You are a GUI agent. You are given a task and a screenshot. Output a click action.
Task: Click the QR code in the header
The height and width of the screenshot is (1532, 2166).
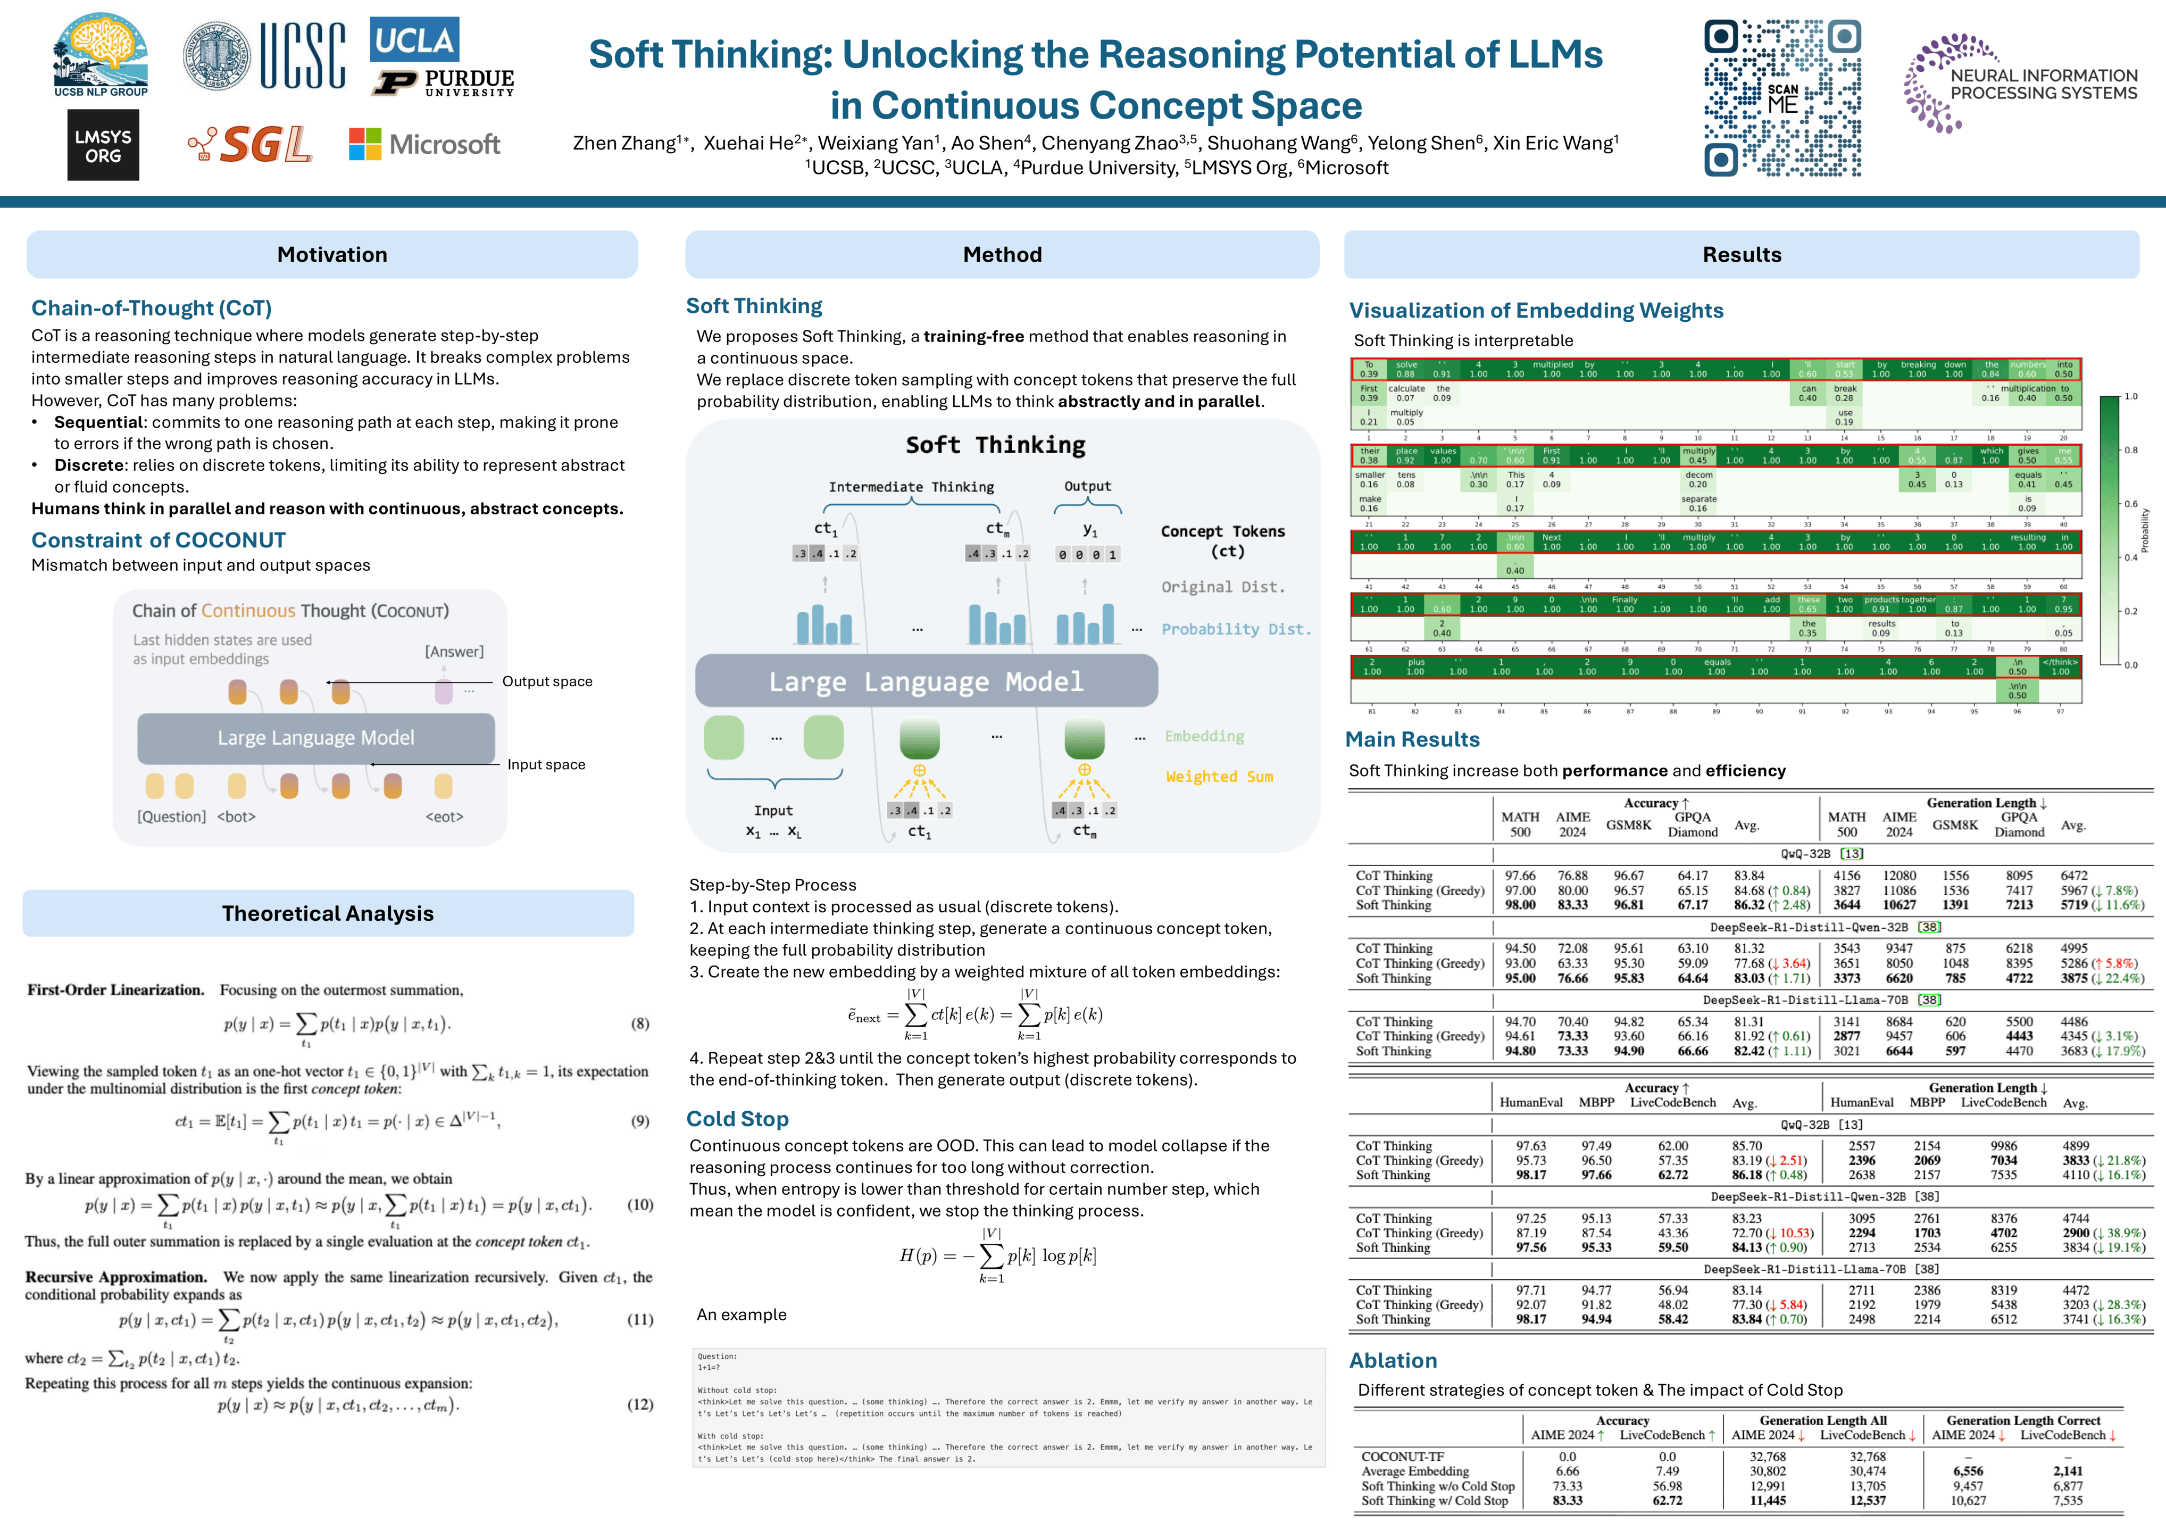(x=1782, y=98)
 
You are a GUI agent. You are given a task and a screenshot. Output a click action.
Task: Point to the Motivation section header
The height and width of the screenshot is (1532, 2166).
(x=332, y=255)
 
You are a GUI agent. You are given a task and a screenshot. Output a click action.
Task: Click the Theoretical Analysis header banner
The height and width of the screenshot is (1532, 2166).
(x=328, y=913)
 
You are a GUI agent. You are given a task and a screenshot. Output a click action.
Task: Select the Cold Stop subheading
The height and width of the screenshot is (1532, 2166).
(x=737, y=1119)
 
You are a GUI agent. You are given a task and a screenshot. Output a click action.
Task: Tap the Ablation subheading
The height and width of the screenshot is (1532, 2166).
(x=1393, y=1360)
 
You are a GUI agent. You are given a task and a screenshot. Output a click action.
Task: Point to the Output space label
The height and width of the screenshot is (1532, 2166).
(x=547, y=681)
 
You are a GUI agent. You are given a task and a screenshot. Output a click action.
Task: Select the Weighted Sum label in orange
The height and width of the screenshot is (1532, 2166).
(x=1219, y=777)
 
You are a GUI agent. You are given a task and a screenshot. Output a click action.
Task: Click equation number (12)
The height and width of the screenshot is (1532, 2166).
(x=639, y=1405)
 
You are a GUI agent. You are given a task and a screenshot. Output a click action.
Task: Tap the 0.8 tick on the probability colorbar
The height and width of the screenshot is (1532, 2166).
(x=2130, y=450)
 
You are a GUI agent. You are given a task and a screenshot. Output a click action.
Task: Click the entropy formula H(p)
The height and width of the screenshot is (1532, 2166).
(x=997, y=1255)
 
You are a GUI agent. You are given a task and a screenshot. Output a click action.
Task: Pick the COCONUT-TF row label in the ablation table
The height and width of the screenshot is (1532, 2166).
(x=1402, y=1456)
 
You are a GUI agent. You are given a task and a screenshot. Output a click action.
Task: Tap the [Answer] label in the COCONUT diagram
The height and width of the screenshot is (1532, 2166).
(x=454, y=652)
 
